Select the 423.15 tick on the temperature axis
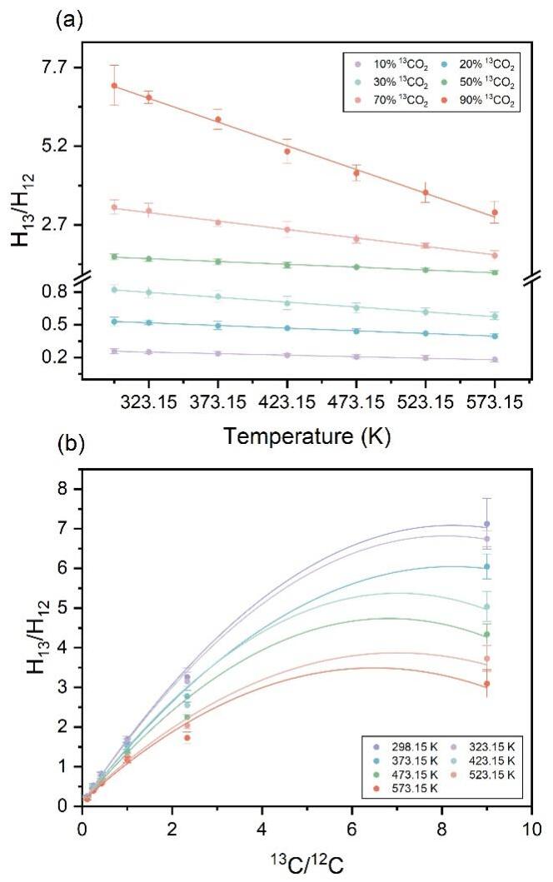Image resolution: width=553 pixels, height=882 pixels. point(286,401)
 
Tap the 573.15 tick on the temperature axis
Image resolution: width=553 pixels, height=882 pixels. point(495,401)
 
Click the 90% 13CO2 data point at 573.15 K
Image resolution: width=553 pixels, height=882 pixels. point(495,212)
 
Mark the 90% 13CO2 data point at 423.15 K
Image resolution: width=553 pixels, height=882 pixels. point(286,151)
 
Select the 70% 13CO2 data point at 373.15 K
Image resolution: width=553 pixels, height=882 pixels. point(217,222)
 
